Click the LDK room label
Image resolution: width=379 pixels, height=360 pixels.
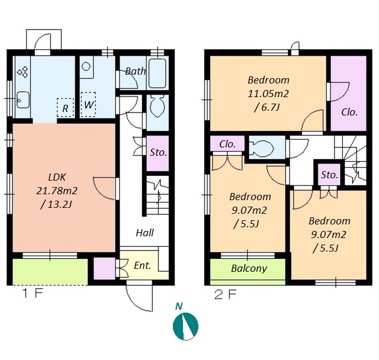(57, 178)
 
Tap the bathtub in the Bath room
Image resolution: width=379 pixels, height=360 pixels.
(157, 73)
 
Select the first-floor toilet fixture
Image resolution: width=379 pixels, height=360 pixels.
(158, 107)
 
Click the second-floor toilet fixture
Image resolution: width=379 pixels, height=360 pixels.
(262, 148)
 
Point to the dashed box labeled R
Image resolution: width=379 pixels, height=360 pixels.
(65, 108)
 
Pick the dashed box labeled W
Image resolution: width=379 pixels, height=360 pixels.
(88, 105)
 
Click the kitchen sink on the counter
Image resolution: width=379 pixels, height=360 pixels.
(23, 100)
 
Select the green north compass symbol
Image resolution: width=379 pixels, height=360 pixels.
(185, 326)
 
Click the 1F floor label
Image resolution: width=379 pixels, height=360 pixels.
(33, 293)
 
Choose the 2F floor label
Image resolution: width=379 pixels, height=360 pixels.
(225, 294)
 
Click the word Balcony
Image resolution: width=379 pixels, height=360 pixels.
(249, 268)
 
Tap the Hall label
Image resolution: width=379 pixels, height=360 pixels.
(144, 233)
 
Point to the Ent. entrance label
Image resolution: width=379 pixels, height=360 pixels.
(142, 265)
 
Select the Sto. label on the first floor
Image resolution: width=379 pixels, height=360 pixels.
(158, 152)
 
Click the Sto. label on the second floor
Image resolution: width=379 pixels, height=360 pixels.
(329, 175)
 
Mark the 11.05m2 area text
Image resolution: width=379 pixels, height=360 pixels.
(268, 94)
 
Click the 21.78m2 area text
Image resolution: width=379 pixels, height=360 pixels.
(57, 191)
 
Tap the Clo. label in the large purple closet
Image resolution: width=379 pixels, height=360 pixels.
(349, 112)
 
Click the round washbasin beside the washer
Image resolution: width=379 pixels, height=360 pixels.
(86, 66)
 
